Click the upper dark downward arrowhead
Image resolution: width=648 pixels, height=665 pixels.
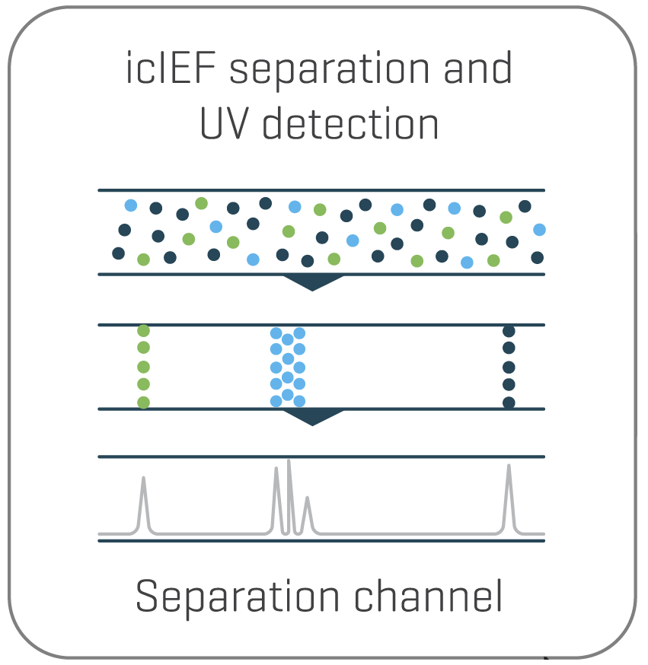point(313,282)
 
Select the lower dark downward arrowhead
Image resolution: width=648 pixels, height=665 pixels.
point(313,417)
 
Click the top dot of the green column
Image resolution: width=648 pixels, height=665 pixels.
point(143,331)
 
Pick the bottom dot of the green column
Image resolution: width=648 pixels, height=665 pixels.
point(143,402)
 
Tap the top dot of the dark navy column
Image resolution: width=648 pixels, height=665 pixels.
point(509,331)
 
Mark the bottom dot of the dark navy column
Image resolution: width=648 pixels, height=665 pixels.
point(509,402)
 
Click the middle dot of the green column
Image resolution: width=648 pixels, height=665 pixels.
point(143,367)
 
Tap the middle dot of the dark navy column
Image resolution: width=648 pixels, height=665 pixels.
point(509,367)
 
